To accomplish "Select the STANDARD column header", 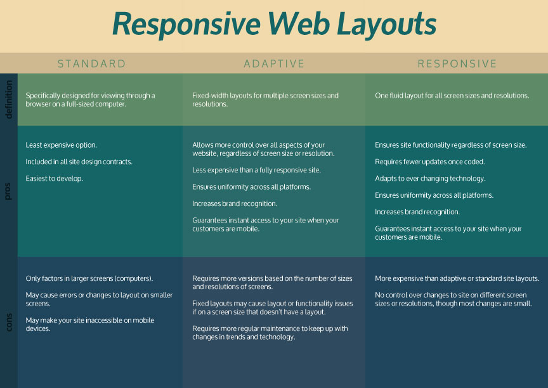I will pyautogui.click(x=91, y=63).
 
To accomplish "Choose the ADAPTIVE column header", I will pyautogui.click(x=274, y=63).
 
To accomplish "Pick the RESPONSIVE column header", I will pyautogui.click(x=457, y=63).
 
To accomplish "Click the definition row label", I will pyautogui.click(x=8, y=100).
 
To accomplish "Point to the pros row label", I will pyautogui.click(x=8, y=191).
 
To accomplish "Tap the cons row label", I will pyautogui.click(x=8, y=321).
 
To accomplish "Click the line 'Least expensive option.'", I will pyautogui.click(x=62, y=145).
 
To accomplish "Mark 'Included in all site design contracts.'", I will pyautogui.click(x=79, y=162).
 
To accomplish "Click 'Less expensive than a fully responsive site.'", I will pyautogui.click(x=256, y=170).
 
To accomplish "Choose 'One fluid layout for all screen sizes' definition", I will pyautogui.click(x=452, y=96).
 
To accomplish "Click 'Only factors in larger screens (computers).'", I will pyautogui.click(x=89, y=278).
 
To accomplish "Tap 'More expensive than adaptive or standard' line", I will pyautogui.click(x=457, y=278).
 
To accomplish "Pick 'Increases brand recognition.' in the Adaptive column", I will pyautogui.click(x=235, y=204).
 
